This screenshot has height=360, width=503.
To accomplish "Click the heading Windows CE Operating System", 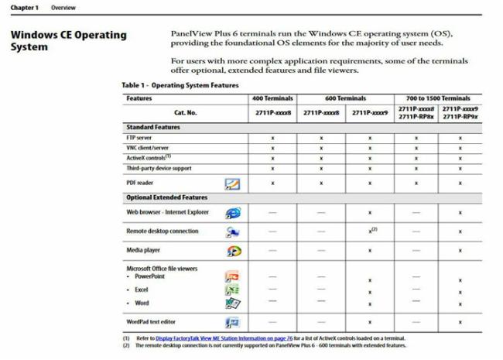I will pyautogui.click(x=69, y=40).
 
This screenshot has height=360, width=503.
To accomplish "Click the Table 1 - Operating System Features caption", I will pyautogui.click(x=180, y=85).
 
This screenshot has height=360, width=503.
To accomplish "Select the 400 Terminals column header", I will pyautogui.click(x=272, y=98).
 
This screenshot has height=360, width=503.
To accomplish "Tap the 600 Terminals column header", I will pyautogui.click(x=346, y=98).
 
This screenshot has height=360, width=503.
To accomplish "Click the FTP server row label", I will pyautogui.click(x=140, y=137).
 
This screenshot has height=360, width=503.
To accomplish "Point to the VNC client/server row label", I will pyautogui.click(x=147, y=147).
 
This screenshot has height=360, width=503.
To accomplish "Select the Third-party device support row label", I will pyautogui.click(x=159, y=168).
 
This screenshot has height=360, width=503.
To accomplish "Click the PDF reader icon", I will pyautogui.click(x=232, y=183).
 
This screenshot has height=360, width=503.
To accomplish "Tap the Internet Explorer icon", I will pyautogui.click(x=232, y=212).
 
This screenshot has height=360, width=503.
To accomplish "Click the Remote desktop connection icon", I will pyautogui.click(x=232, y=231).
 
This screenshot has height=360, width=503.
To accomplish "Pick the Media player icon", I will pyautogui.click(x=232, y=251).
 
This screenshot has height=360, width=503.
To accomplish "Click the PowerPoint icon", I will pyautogui.click(x=231, y=276).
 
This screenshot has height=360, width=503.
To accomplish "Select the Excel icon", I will pyautogui.click(x=231, y=290).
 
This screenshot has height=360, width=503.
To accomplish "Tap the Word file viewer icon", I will pyautogui.click(x=231, y=303).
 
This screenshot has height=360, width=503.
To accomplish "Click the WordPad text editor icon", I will pyautogui.click(x=231, y=322).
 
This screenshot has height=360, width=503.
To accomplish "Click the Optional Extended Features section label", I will pyautogui.click(x=166, y=197).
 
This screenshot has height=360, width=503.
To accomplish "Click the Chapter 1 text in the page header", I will pyautogui.click(x=23, y=7).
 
